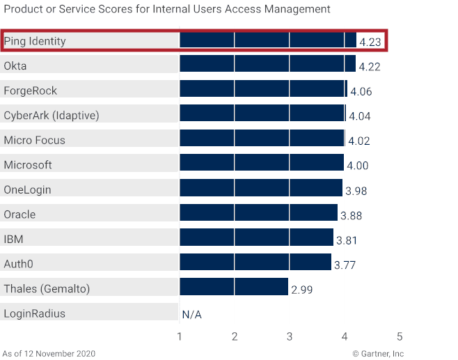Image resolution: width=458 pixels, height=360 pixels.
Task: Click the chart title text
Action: pyautogui.click(x=167, y=9)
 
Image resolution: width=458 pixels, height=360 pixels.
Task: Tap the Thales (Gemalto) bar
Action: pyautogui.click(x=234, y=287)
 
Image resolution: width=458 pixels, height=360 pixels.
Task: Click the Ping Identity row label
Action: pyautogui.click(x=35, y=41)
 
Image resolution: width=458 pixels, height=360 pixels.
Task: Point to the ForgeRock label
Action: pyautogui.click(x=31, y=91)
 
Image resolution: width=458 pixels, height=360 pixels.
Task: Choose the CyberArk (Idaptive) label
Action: pyautogui.click(x=52, y=116)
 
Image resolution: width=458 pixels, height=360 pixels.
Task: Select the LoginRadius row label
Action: pyautogui.click(x=35, y=313)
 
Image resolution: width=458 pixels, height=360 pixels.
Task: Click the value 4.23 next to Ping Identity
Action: pyautogui.click(x=370, y=42)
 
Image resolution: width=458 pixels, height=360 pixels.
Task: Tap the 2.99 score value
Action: pyautogui.click(x=302, y=290)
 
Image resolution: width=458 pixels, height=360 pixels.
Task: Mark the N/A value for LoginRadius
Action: pyautogui.click(x=192, y=315)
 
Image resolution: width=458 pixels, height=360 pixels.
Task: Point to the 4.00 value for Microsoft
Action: pyautogui.click(x=358, y=166)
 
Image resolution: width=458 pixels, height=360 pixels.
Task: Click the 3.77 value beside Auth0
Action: pyautogui.click(x=345, y=265)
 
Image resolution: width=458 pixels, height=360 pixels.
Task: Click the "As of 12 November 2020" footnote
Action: pyautogui.click(x=49, y=353)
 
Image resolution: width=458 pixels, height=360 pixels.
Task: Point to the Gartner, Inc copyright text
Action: pyautogui.click(x=377, y=353)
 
